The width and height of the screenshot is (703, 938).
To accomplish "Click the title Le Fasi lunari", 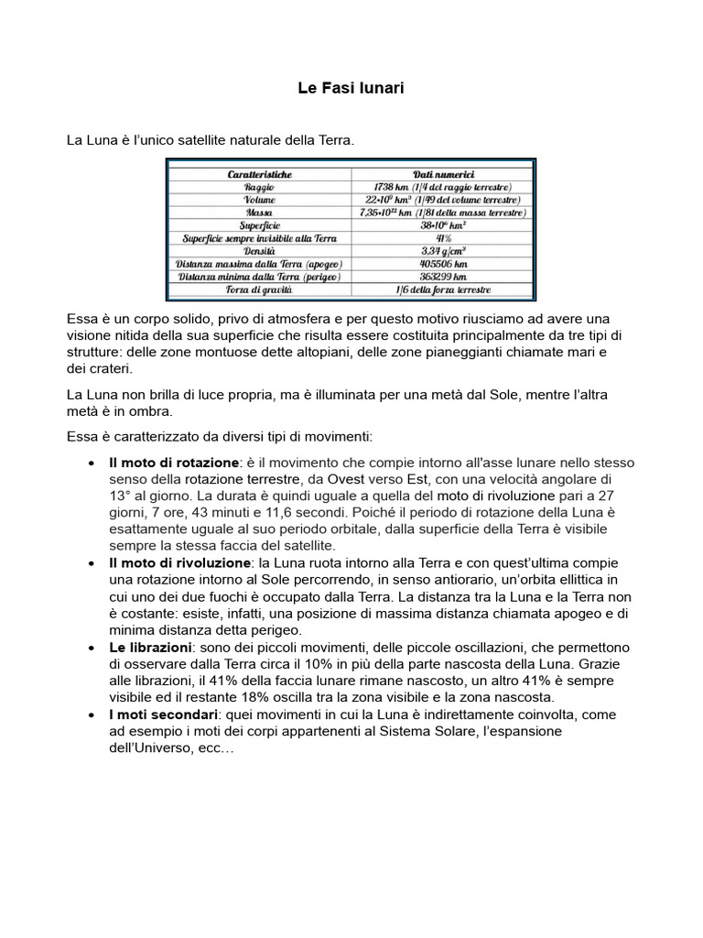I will (x=351, y=89).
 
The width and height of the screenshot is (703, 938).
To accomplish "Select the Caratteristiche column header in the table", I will (x=260, y=173).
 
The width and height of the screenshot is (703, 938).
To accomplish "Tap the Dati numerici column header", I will (x=443, y=173).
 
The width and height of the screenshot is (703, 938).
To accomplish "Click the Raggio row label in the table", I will (x=260, y=186).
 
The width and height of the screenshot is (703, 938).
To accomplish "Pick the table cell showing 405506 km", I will (x=443, y=263).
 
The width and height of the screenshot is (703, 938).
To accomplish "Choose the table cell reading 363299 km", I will (x=443, y=276).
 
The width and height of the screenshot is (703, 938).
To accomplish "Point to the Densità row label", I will (x=260, y=250).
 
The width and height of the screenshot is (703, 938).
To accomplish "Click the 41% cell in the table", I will (x=443, y=237).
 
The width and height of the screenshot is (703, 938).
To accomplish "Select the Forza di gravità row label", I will (x=260, y=289).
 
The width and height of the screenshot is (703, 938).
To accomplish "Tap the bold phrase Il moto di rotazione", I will (x=174, y=463).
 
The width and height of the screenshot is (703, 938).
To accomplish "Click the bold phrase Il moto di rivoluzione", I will (x=179, y=561).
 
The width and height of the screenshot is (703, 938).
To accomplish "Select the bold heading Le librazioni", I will (x=152, y=648).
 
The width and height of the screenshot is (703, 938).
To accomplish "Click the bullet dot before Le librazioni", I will (x=92, y=649).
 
